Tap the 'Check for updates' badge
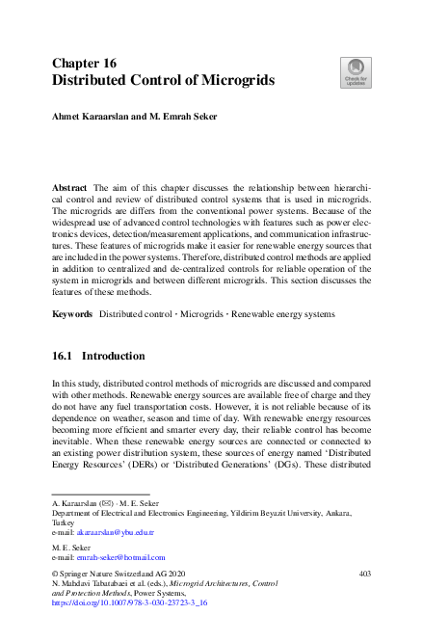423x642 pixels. tap(355, 71)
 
